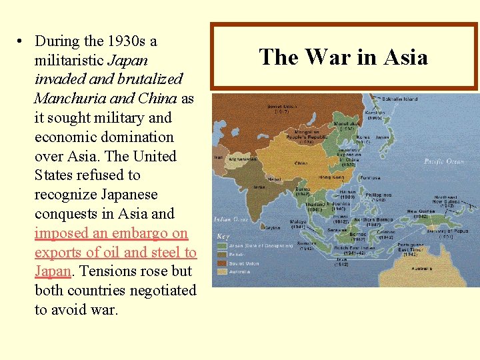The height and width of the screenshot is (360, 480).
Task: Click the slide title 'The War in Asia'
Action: pyautogui.click(x=343, y=57)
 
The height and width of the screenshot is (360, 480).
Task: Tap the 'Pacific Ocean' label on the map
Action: pyautogui.click(x=443, y=161)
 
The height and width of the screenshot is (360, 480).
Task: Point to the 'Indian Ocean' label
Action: pyautogui.click(x=231, y=219)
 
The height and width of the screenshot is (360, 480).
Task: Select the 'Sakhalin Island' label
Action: pyautogui.click(x=400, y=99)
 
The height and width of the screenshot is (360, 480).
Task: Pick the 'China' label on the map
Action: pyautogui.click(x=301, y=163)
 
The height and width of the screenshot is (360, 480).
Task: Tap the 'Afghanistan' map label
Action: pyautogui.click(x=243, y=159)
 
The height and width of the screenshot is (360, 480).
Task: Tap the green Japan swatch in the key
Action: pyautogui.click(x=221, y=245)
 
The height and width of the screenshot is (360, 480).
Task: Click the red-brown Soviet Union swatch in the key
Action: pyautogui.click(x=221, y=263)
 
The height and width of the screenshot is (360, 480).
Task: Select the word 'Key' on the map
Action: pyautogui.click(x=223, y=236)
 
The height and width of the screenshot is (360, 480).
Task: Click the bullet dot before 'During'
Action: pyautogui.click(x=21, y=41)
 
